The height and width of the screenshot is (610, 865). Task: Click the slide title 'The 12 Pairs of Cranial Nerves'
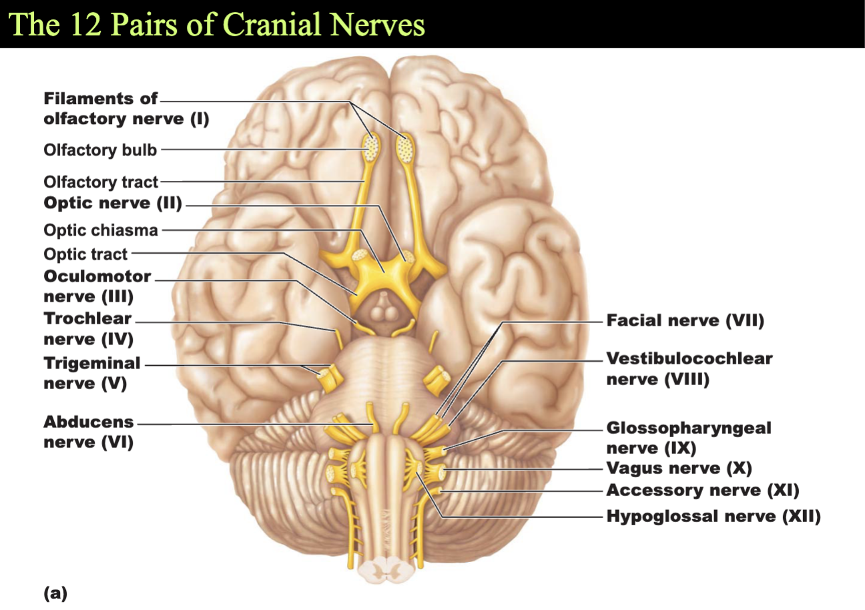tap(216, 24)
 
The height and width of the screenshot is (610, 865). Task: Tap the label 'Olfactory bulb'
tap(100, 149)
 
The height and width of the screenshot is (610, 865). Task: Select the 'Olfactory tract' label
tap(101, 182)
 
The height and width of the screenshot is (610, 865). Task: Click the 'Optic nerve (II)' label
tap(113, 203)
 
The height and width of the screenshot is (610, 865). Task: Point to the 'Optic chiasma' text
tap(101, 230)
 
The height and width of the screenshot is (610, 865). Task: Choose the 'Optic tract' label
tap(85, 254)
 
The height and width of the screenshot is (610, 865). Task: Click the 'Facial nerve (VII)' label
tap(685, 320)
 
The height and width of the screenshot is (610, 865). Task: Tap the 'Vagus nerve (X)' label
tap(679, 468)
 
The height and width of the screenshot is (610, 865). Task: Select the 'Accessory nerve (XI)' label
tap(703, 491)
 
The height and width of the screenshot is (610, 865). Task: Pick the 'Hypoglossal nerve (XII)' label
tap(713, 516)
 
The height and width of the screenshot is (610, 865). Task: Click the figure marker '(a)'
tap(55, 593)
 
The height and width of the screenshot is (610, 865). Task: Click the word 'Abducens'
tap(88, 422)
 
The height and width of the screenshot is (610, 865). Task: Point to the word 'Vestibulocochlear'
tap(689, 358)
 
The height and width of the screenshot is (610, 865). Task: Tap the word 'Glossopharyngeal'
tap(689, 428)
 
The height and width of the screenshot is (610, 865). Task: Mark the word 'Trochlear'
tap(87, 318)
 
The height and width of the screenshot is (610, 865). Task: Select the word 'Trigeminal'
tap(92, 363)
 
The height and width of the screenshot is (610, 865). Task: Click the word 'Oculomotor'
tap(97, 276)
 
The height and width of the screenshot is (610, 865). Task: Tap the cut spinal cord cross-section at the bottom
tap(386, 569)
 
